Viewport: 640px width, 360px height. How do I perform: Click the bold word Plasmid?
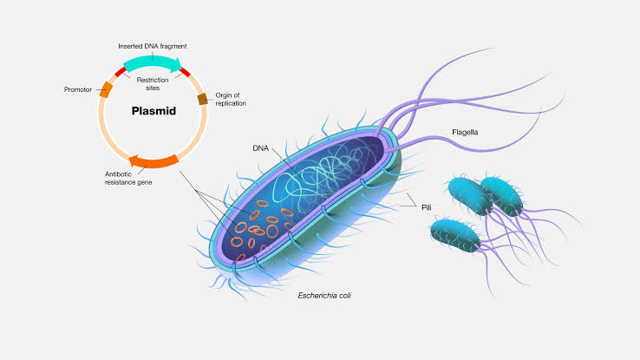click(153, 111)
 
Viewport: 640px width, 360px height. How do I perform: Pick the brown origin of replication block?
click(203, 99)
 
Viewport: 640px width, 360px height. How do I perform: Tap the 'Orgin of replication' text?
click(231, 99)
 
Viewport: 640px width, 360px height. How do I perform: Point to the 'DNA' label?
click(261, 148)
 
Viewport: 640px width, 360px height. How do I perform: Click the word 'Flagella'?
click(465, 133)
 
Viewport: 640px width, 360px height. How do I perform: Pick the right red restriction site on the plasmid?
click(184, 72)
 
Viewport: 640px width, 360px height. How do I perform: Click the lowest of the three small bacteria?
click(454, 233)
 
